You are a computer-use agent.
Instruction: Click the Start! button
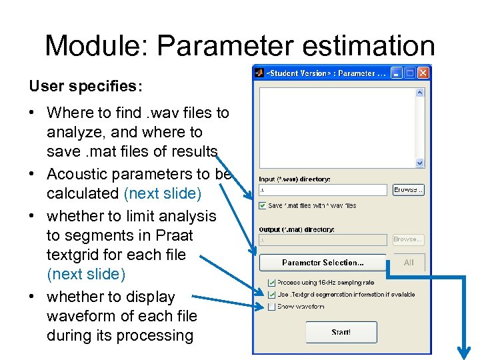pos(341,332)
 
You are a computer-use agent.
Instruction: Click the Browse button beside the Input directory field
pos(408,190)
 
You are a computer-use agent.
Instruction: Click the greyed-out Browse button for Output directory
pos(408,239)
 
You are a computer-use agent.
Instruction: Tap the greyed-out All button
pos(409,263)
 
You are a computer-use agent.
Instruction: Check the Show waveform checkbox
pos(271,307)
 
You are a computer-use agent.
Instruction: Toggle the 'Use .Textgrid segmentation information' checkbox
pos(271,294)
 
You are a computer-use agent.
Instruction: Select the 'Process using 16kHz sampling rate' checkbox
pos(271,283)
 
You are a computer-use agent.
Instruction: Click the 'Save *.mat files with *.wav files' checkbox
pos(263,205)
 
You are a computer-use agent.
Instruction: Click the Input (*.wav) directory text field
pos(323,190)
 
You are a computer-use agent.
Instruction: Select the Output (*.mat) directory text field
pos(323,239)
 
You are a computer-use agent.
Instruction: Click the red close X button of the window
pos(422,73)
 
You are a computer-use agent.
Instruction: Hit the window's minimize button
pos(397,73)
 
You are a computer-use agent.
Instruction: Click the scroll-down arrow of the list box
pos(420,163)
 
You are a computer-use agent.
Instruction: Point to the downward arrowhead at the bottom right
pos(465,351)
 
